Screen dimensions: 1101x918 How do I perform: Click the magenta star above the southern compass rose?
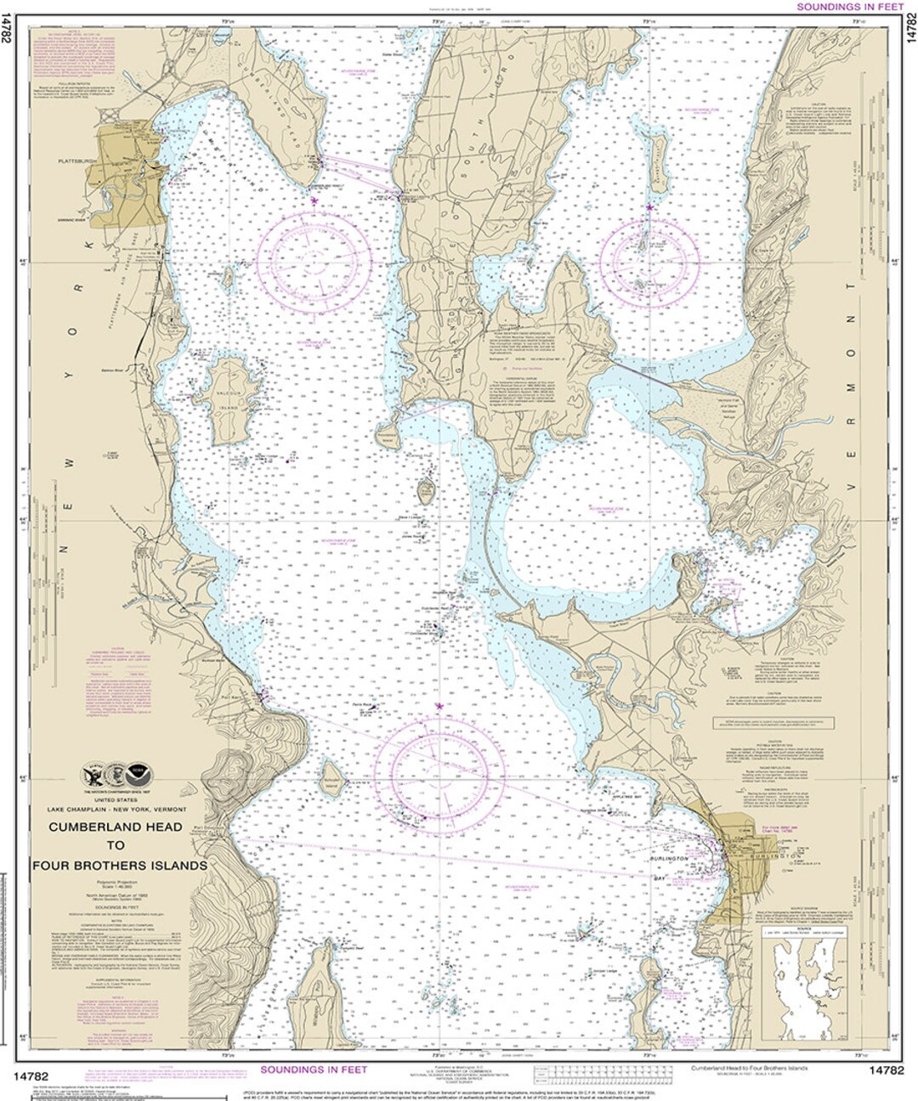click(x=439, y=706)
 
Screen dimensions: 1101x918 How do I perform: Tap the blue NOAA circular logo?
click(x=135, y=774)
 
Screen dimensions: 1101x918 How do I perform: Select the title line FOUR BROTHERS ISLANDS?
click(x=119, y=866)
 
